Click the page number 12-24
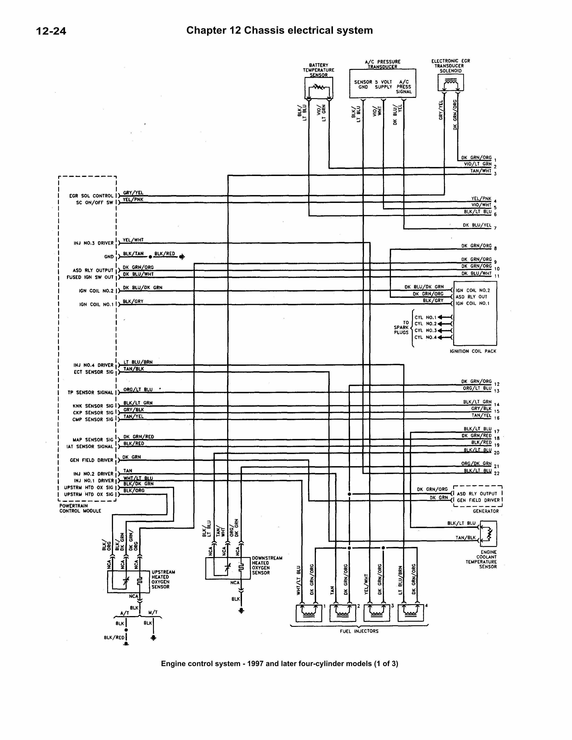51,31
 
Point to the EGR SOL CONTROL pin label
91,196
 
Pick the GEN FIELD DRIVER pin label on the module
91,460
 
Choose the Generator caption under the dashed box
486,511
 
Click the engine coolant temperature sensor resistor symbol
488,534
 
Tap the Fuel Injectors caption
359,631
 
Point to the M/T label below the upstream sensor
153,612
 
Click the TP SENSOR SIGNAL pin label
90,392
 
